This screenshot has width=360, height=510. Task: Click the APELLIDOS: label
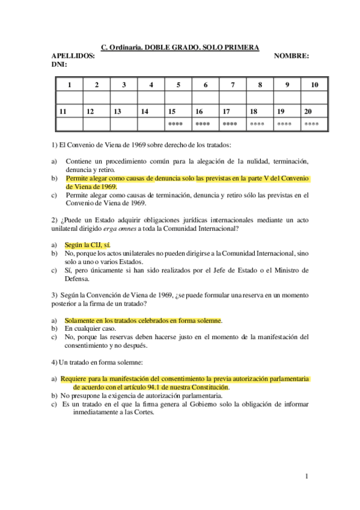74,56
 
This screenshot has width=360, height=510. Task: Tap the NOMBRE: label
291,56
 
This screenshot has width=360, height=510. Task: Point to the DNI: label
59,64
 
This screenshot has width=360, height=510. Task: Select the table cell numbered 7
233,85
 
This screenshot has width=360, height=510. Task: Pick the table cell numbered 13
118,111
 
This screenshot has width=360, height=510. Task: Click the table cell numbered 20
308,111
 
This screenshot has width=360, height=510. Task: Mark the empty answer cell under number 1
69,98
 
